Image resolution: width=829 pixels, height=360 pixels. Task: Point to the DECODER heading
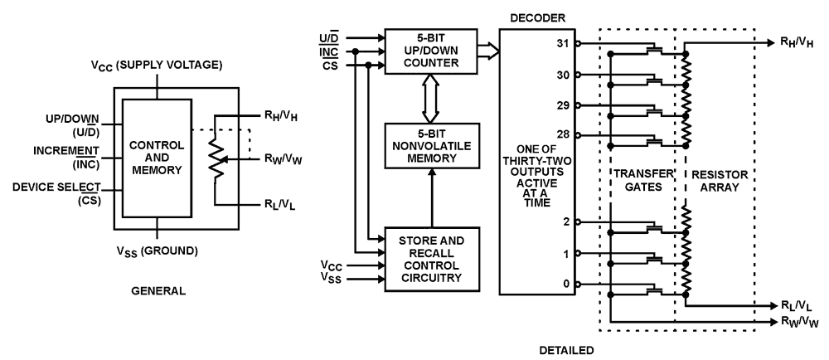(536, 16)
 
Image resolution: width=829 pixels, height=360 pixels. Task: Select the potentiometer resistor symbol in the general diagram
(214, 159)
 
